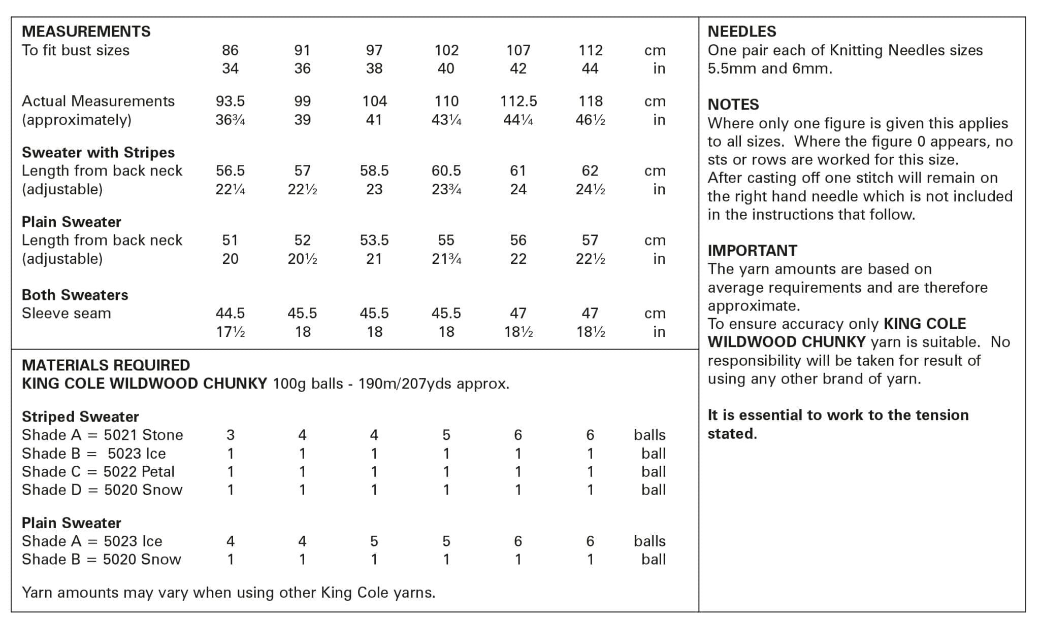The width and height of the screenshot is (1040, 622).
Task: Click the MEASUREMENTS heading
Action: tap(86, 31)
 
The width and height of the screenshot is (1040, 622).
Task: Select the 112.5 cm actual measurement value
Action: tap(518, 101)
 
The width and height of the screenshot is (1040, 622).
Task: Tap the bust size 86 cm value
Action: tap(230, 50)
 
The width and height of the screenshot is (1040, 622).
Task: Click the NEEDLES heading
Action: tap(741, 31)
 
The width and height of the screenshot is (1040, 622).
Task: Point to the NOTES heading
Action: tap(733, 105)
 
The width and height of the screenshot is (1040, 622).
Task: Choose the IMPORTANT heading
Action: tap(752, 251)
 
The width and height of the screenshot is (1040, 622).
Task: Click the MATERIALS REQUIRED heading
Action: tap(106, 365)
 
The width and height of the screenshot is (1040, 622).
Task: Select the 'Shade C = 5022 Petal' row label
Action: tap(98, 472)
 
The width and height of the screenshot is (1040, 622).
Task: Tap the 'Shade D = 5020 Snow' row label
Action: tap(102, 490)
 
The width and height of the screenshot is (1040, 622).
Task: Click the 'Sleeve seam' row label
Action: tap(66, 314)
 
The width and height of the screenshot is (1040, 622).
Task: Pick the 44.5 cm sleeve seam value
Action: tap(230, 314)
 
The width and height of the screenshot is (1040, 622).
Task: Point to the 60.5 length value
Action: tap(446, 171)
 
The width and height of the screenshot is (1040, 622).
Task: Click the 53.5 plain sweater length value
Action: tap(374, 240)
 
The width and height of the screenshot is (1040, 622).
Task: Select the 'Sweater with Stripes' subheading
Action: tap(98, 153)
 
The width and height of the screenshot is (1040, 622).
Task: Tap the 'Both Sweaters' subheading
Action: tap(75, 295)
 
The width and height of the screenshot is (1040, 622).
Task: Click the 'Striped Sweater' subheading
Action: tap(80, 417)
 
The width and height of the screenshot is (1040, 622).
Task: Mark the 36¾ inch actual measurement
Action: tap(230, 120)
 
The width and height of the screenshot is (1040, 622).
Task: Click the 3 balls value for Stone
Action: tap(230, 435)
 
